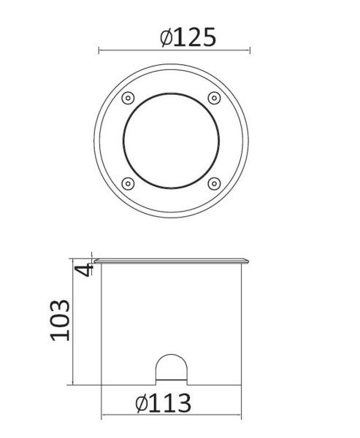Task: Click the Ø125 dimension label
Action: [x=188, y=37]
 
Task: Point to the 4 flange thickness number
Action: [x=85, y=269]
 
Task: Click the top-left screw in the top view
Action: [x=128, y=98]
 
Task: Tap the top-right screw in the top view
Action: [x=213, y=98]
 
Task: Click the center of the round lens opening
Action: [x=170, y=140]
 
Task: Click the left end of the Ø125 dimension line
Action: [x=99, y=50]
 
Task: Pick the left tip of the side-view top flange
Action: [x=92, y=259]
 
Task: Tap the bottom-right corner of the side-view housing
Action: [x=240, y=383]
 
